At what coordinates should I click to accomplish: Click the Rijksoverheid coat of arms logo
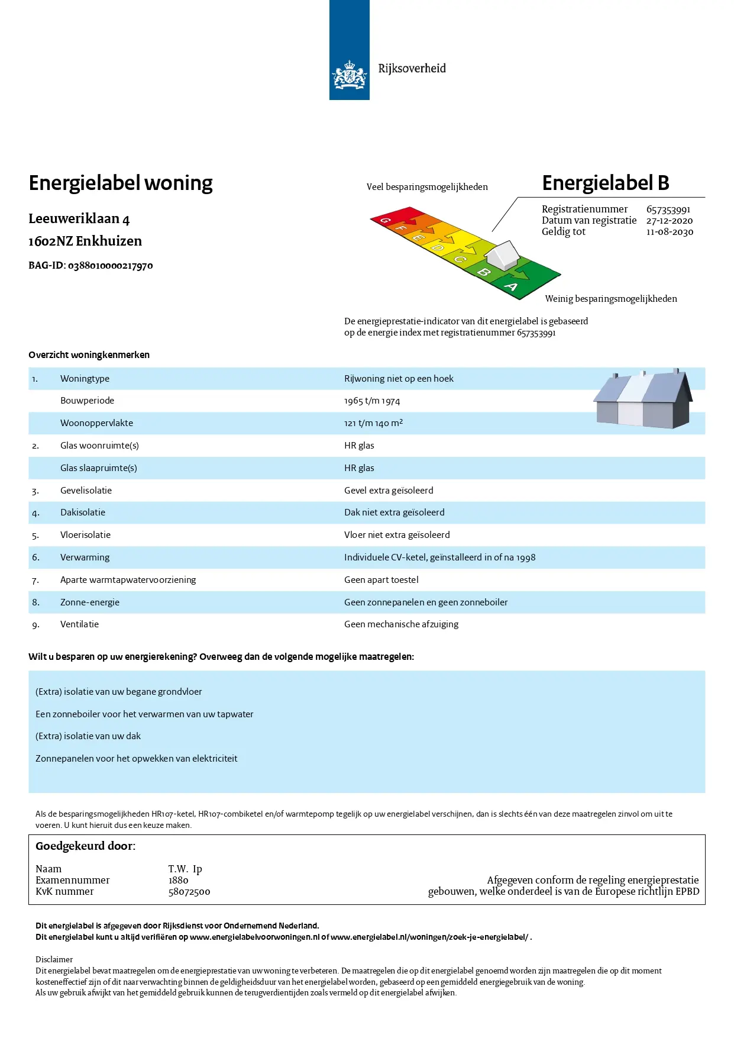click(349, 75)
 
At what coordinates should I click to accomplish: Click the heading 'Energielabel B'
click(605, 183)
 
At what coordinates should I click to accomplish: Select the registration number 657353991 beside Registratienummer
click(668, 209)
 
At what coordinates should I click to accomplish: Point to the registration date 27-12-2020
click(669, 221)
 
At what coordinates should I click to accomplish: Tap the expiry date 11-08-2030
click(669, 232)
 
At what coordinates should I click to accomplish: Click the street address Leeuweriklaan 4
click(79, 219)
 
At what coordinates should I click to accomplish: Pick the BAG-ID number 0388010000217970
click(110, 266)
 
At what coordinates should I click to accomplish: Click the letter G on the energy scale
click(385, 220)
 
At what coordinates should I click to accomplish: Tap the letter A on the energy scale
click(511, 287)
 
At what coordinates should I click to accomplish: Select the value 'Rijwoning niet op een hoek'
click(399, 379)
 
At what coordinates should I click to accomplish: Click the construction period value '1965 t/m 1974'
click(372, 401)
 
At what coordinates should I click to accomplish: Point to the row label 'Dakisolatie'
click(83, 512)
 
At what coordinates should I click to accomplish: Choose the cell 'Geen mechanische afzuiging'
click(401, 624)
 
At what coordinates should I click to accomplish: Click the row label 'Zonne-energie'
click(90, 602)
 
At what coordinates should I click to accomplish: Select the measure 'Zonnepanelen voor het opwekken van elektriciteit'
click(136, 759)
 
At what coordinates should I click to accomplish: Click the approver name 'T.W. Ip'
click(185, 869)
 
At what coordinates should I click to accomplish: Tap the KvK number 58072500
click(189, 892)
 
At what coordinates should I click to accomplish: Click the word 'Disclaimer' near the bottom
click(54, 959)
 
